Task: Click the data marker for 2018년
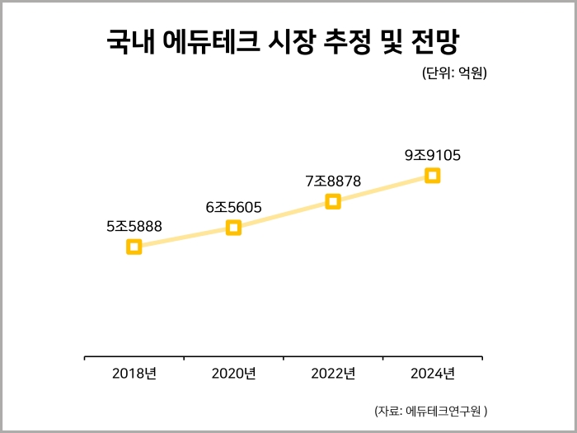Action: tap(134, 247)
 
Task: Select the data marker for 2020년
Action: tap(234, 228)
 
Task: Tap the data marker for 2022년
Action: tap(333, 201)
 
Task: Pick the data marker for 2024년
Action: tap(433, 175)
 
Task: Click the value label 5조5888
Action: tap(134, 225)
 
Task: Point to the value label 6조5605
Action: tap(234, 207)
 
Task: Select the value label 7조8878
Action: tap(333, 181)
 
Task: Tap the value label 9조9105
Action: tap(433, 154)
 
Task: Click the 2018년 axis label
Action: tap(134, 374)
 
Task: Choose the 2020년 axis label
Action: tap(234, 374)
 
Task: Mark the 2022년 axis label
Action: tap(333, 374)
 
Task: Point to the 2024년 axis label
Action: tap(433, 374)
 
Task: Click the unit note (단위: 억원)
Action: tap(454, 73)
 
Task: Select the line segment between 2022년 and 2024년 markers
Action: tap(383, 188)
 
